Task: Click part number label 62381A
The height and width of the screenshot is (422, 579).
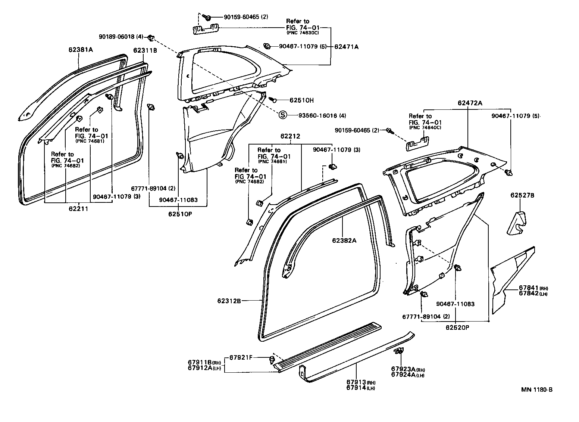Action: (x=80, y=49)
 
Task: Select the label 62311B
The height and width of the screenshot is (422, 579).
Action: (x=145, y=51)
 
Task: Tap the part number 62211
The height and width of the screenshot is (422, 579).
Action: (x=79, y=209)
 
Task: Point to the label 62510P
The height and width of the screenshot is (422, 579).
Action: (x=178, y=214)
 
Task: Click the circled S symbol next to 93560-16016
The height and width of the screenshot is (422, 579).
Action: (x=283, y=115)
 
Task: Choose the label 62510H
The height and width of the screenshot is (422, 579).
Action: (x=301, y=100)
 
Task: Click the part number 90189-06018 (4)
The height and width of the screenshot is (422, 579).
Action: (x=121, y=37)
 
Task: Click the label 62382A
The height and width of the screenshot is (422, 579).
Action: (x=344, y=241)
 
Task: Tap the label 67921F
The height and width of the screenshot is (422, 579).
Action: (x=241, y=357)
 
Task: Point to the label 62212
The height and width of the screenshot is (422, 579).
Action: (x=290, y=137)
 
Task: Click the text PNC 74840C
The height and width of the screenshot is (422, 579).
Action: (x=425, y=127)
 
